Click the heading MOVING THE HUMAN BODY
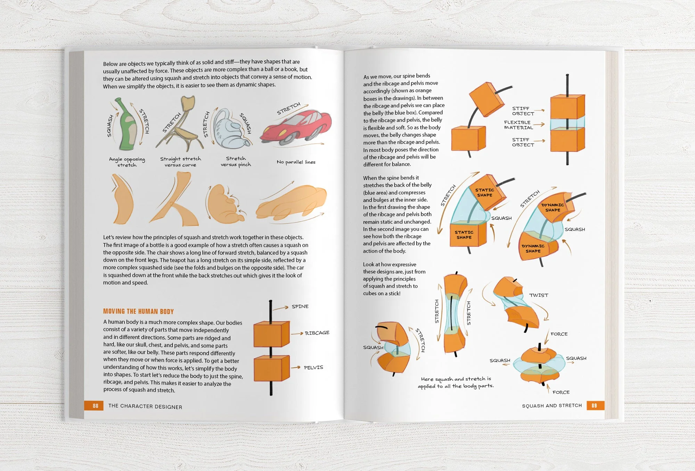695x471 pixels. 138,311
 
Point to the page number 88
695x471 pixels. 95,406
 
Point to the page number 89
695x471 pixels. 594,405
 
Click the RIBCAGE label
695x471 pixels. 317,333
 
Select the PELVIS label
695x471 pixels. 313,367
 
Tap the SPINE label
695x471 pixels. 300,306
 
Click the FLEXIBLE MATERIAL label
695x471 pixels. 518,125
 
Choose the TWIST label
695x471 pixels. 539,295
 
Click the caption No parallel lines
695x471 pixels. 296,162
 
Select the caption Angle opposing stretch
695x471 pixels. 127,162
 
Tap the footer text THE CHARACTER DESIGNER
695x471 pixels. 145,406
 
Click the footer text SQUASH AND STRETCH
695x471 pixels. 551,406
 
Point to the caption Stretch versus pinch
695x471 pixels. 236,161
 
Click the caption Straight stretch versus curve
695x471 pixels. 180,162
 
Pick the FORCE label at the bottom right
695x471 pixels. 561,392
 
